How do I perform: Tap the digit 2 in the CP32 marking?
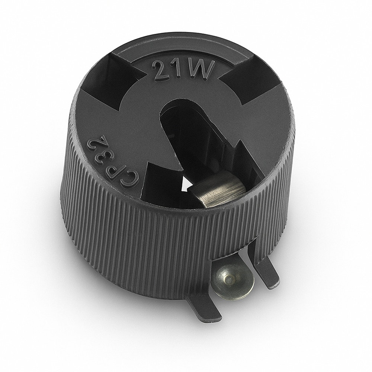[x=94, y=141]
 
